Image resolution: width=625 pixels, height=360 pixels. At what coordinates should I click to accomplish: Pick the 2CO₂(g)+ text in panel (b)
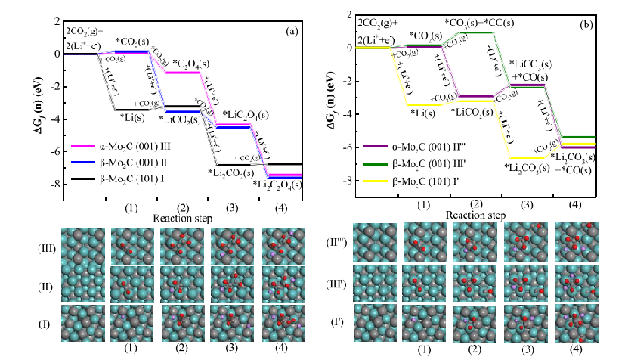tap(384, 16)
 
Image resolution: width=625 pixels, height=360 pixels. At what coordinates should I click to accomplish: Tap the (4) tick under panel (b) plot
tap(574, 204)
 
